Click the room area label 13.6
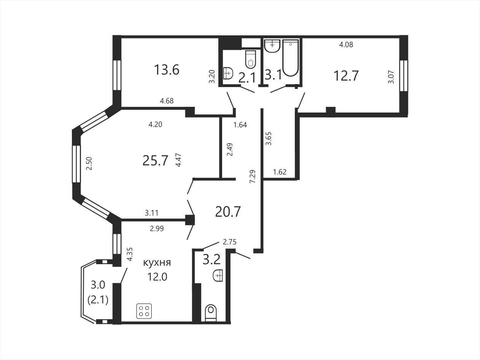(167, 70)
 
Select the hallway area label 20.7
(228, 212)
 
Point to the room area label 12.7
(346, 76)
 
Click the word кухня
(157, 263)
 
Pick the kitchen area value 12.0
(157, 277)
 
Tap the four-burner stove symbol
(144, 311)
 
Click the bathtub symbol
(291, 58)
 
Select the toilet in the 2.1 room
(251, 59)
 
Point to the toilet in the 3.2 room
(211, 313)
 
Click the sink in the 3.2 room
(218, 275)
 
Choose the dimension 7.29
(253, 176)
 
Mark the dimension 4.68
(167, 101)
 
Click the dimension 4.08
(346, 44)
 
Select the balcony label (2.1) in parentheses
(98, 301)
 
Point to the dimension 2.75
(230, 242)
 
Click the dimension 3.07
(391, 77)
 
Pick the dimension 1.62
(280, 172)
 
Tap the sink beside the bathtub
(272, 46)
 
